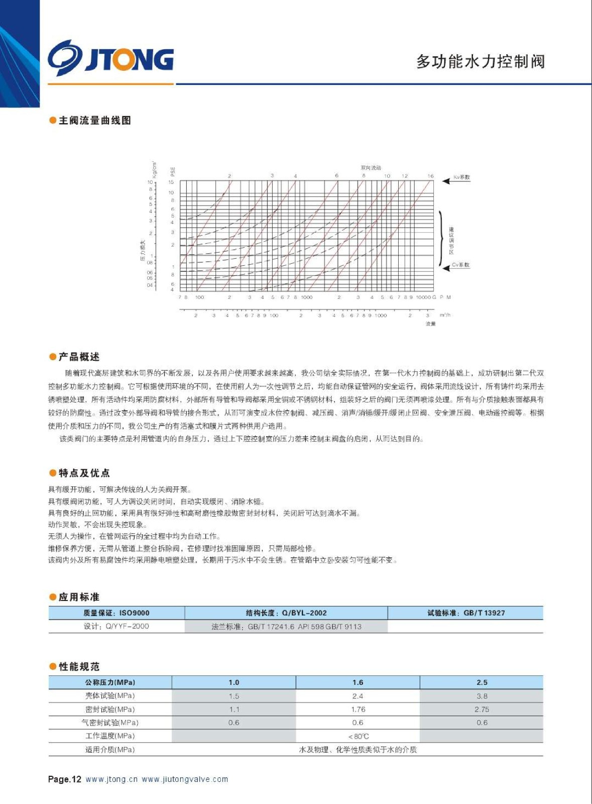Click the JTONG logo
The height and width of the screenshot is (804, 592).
(x=110, y=58)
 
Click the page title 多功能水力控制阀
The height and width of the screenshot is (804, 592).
(x=480, y=61)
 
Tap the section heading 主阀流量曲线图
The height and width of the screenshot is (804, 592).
(x=94, y=121)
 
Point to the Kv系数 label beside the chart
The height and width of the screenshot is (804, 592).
(x=462, y=177)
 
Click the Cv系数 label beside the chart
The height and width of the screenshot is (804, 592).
(x=460, y=265)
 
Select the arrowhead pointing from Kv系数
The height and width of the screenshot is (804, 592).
(x=445, y=181)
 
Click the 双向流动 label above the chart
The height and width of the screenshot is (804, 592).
(x=371, y=168)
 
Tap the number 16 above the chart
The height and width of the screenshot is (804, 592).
(x=430, y=176)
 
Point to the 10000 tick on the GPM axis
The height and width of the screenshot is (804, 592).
(x=423, y=297)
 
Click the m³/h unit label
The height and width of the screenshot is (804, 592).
(x=445, y=315)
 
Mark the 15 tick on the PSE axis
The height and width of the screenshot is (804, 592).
(x=171, y=182)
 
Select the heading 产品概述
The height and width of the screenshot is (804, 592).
(x=79, y=357)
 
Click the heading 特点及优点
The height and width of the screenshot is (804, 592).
(x=84, y=473)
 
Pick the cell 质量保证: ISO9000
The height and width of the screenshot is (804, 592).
(x=116, y=613)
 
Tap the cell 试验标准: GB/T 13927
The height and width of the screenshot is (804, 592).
(x=465, y=613)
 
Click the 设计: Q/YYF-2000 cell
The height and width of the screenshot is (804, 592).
(x=116, y=626)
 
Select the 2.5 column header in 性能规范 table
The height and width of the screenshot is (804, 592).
(x=482, y=682)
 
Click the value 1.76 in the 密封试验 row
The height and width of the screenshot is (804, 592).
(x=358, y=710)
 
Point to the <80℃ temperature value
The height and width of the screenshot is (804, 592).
(x=358, y=736)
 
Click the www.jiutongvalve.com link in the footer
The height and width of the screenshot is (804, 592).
(x=185, y=779)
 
